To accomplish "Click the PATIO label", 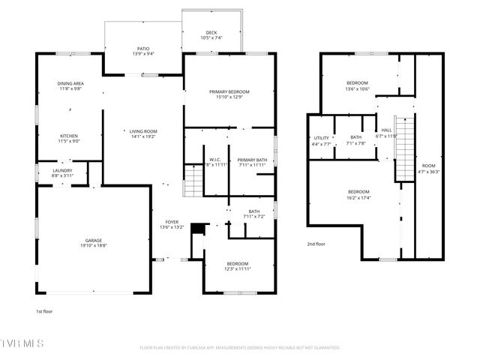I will [142, 48].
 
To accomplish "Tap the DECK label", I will [211, 32].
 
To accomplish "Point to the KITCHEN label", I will [69, 136].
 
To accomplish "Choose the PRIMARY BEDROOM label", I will [229, 91].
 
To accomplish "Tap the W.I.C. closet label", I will [214, 159].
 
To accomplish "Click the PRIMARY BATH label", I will [252, 159].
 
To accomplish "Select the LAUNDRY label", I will [62, 170].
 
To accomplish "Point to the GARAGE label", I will [93, 240].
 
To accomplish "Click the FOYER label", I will [172, 221].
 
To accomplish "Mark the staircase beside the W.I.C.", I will [193, 180].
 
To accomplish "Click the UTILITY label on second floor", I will [321, 138].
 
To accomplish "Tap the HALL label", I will [387, 130].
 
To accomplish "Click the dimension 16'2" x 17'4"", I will [357, 198].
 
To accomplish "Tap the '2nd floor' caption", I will [316, 244].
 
